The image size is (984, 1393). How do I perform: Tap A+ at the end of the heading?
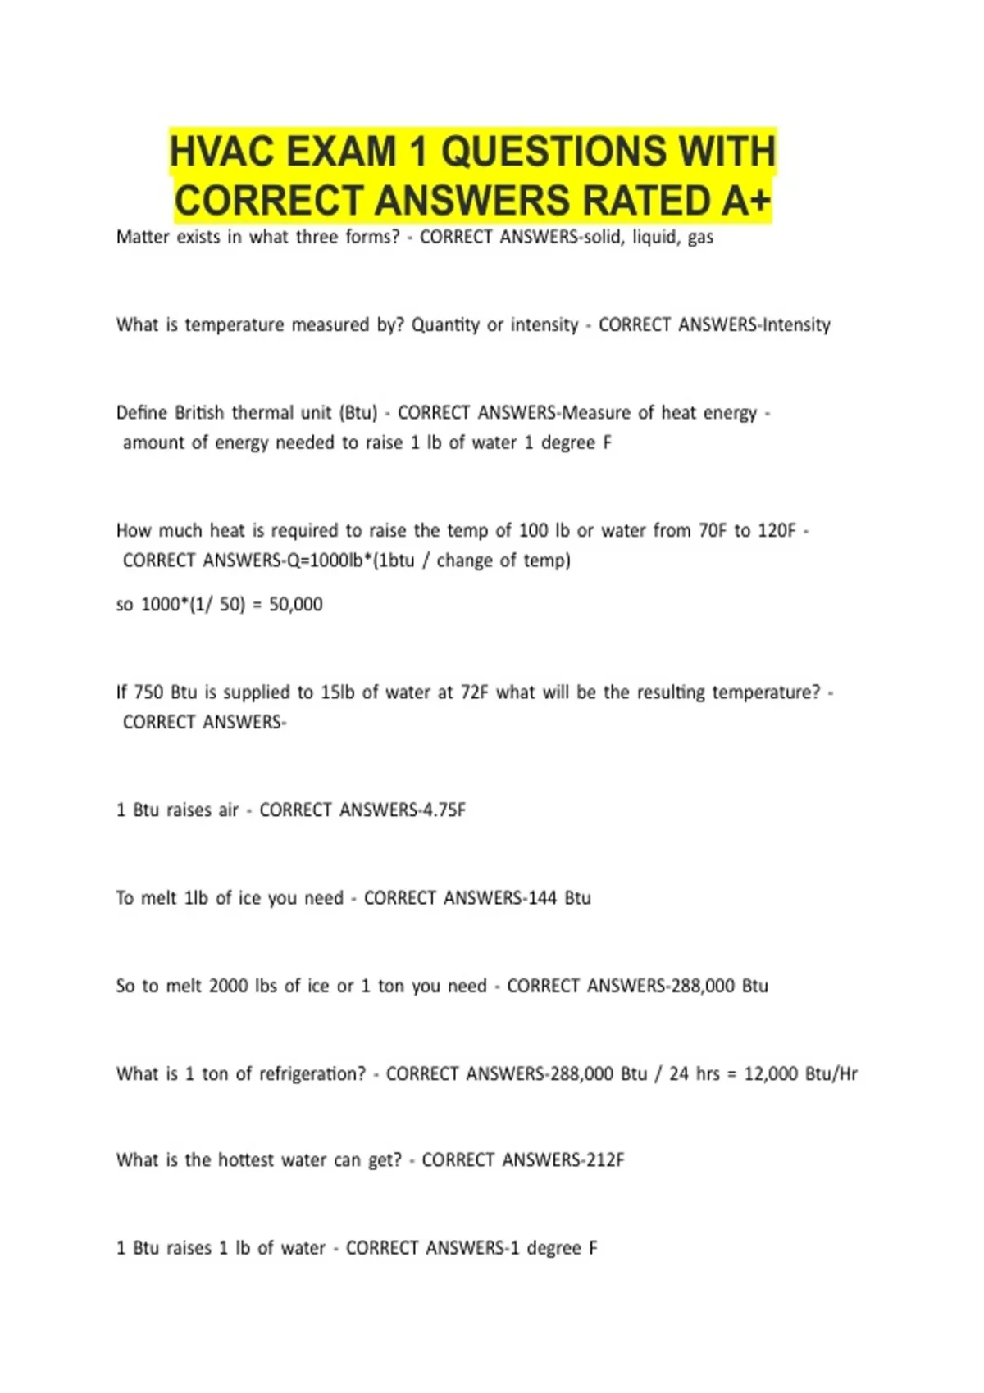pyautogui.click(x=746, y=202)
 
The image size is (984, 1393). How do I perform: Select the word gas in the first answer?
pyautogui.click(x=700, y=238)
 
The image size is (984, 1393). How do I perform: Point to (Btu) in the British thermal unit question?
pyautogui.click(x=358, y=413)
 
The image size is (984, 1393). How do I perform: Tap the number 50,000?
pyautogui.click(x=296, y=605)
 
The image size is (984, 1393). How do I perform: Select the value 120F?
pyautogui.click(x=777, y=531)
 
